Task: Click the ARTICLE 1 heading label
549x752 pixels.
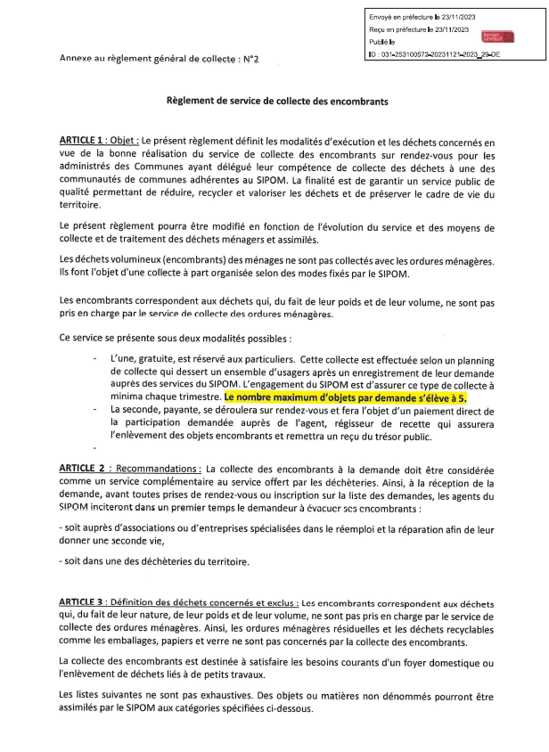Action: pos(87,141)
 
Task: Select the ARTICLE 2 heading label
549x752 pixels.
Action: pos(87,468)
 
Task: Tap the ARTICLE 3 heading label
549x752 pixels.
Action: pos(87,606)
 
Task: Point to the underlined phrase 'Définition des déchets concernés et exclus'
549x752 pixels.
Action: pos(207,606)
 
